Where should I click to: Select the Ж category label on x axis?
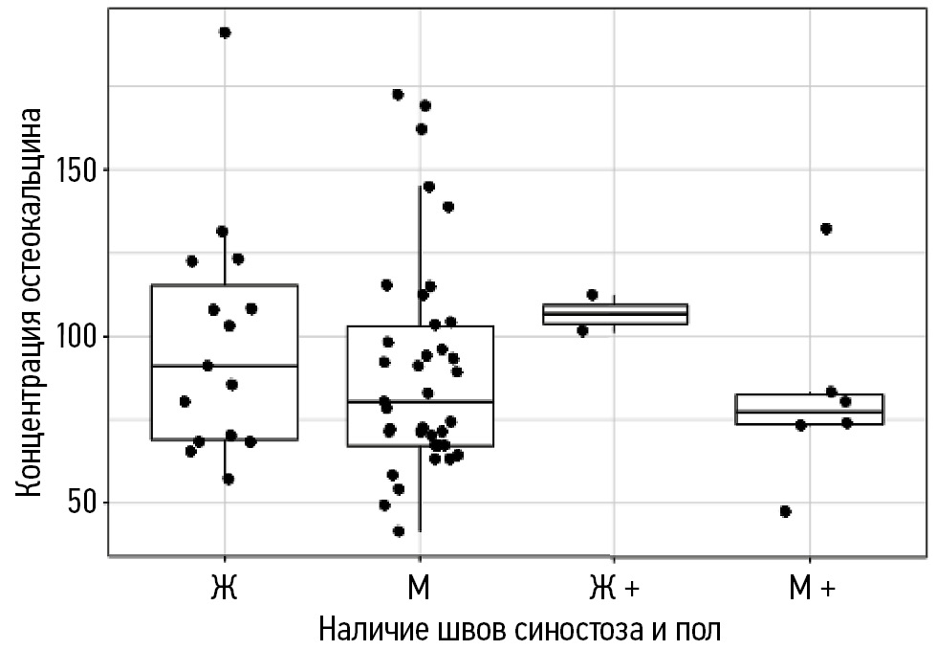pyautogui.click(x=224, y=588)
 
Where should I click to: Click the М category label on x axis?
pyautogui.click(x=419, y=588)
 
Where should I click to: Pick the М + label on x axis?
pyautogui.click(x=811, y=588)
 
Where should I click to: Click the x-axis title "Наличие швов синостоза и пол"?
pyautogui.click(x=517, y=629)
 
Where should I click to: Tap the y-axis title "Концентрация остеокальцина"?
pyautogui.click(x=31, y=303)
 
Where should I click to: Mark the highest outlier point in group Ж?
pyautogui.click(x=225, y=33)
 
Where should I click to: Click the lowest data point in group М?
pyautogui.click(x=399, y=531)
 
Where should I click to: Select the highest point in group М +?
pyautogui.click(x=826, y=229)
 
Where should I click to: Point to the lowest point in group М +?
pyautogui.click(x=785, y=511)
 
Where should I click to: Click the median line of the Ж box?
pyautogui.click(x=225, y=366)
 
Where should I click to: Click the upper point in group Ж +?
pyautogui.click(x=592, y=295)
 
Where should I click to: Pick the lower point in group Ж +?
pyautogui.click(x=582, y=330)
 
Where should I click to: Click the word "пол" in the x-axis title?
pyautogui.click(x=696, y=629)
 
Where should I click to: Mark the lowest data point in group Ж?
pyautogui.click(x=228, y=479)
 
